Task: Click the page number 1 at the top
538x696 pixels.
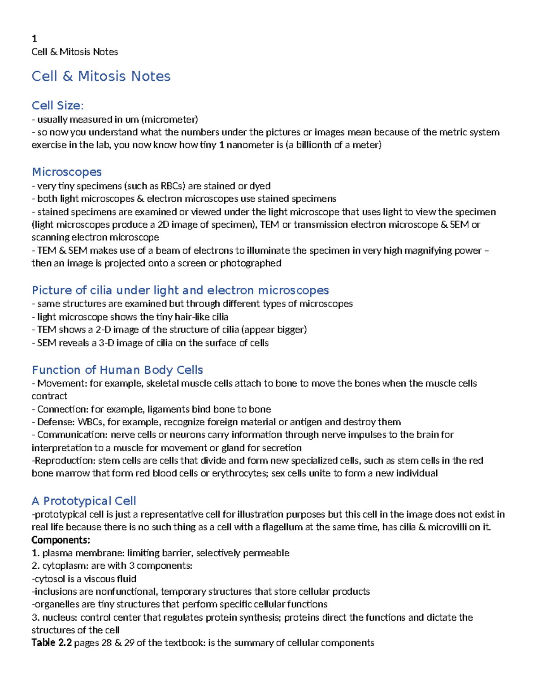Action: pos(34,39)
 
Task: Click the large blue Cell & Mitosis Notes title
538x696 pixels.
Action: pos(101,76)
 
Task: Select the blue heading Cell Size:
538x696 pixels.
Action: pos(57,106)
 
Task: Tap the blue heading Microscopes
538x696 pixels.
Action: pos(67,172)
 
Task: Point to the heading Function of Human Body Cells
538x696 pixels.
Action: pos(117,370)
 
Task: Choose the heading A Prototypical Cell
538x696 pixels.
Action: pos(84,501)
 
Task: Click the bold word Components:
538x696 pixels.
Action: pos(61,540)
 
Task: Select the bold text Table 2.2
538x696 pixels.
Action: pos(52,643)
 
